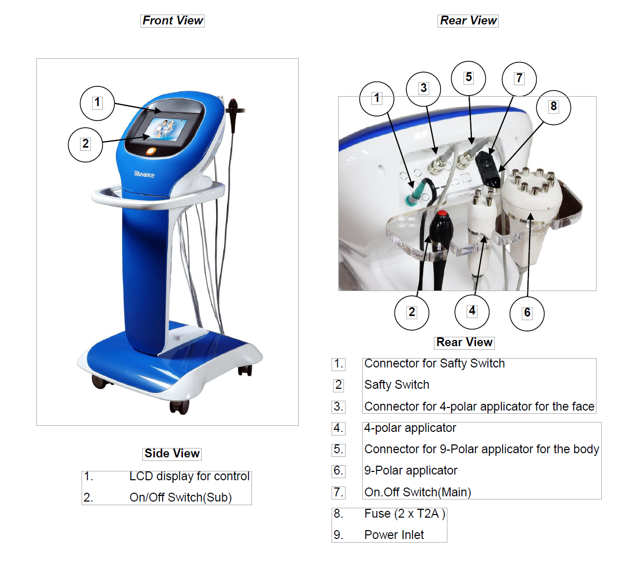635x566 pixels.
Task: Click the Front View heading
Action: pyautogui.click(x=173, y=21)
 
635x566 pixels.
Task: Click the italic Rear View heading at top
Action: pyautogui.click(x=468, y=21)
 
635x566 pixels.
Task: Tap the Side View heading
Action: pyautogui.click(x=172, y=453)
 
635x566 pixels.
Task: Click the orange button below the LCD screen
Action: pyautogui.click(x=151, y=151)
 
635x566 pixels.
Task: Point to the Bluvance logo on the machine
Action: pyautogui.click(x=144, y=174)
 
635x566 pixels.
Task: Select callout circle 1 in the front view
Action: pyautogui.click(x=97, y=103)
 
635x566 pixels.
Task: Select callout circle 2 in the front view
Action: pyautogui.click(x=85, y=144)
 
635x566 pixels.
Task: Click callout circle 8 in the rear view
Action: pyautogui.click(x=553, y=107)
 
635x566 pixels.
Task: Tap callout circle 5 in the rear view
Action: pyautogui.click(x=468, y=78)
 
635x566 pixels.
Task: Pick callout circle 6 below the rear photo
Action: pyautogui.click(x=527, y=313)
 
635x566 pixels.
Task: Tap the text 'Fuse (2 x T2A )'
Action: pyautogui.click(x=404, y=514)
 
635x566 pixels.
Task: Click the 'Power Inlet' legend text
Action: pyautogui.click(x=394, y=535)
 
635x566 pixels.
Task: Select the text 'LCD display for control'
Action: pyautogui.click(x=189, y=476)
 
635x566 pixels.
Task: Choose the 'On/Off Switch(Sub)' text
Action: pyautogui.click(x=180, y=497)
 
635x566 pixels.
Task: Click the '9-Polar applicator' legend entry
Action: pyautogui.click(x=411, y=470)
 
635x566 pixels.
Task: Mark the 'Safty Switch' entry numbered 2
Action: pyautogui.click(x=396, y=385)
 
